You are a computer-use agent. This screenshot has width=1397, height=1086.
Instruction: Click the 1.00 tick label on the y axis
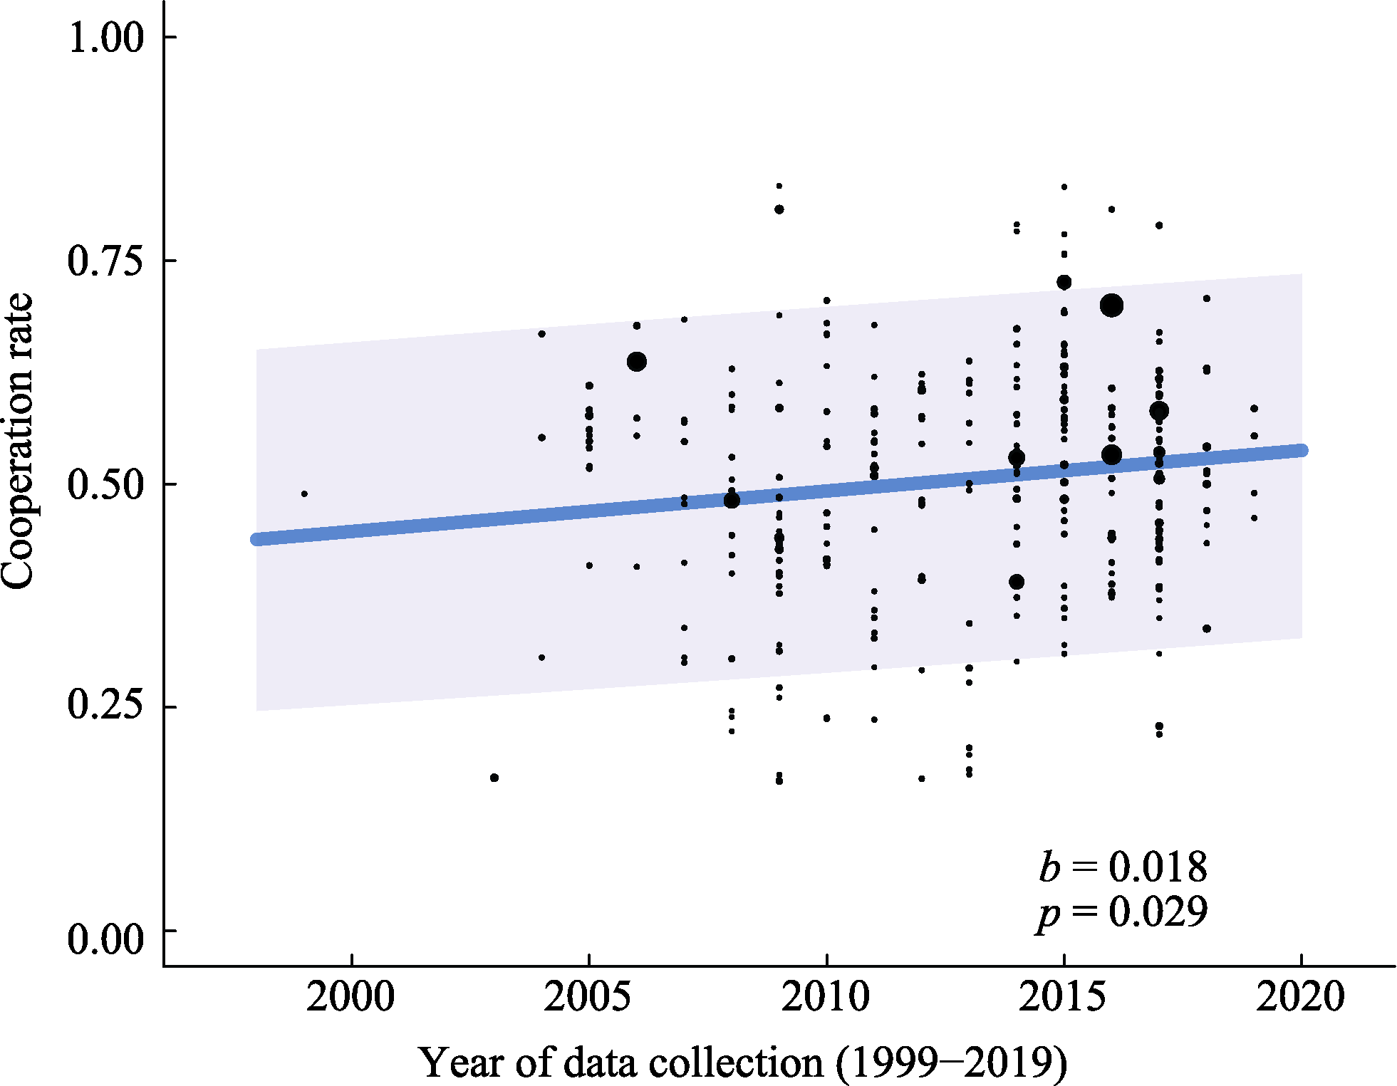(x=105, y=37)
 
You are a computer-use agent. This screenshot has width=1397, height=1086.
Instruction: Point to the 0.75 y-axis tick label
(x=105, y=261)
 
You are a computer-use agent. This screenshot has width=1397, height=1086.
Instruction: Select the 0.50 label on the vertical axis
(x=105, y=484)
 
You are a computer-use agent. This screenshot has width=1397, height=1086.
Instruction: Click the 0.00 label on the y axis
(x=105, y=938)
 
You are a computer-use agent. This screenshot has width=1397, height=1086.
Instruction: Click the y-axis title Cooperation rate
(x=18, y=442)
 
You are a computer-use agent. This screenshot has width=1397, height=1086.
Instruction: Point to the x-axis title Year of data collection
(x=742, y=1062)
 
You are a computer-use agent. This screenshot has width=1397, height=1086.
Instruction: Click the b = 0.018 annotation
(x=1123, y=867)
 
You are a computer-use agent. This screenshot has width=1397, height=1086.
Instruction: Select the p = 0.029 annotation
(x=1123, y=912)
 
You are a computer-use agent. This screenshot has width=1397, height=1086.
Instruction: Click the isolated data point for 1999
(x=305, y=494)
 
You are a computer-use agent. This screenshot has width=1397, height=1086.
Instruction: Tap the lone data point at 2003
(x=494, y=778)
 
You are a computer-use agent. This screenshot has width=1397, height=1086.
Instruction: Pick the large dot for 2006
(x=637, y=362)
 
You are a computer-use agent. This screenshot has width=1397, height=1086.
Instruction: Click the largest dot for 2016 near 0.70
(x=1111, y=306)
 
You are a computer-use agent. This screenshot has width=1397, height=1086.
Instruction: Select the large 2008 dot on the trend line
(x=732, y=500)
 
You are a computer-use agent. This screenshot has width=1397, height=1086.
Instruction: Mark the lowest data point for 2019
(x=1255, y=518)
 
